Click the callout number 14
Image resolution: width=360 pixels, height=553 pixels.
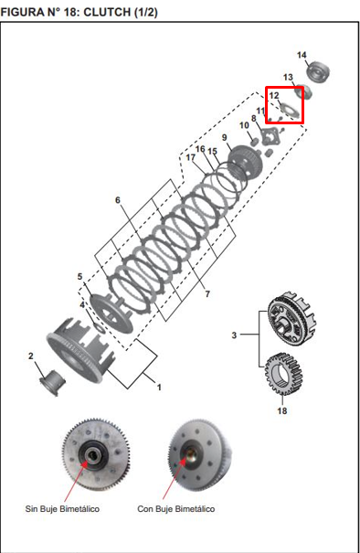click(x=302, y=55)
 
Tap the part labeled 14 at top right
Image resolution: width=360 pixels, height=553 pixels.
click(x=318, y=72)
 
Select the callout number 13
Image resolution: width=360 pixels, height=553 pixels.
click(x=288, y=77)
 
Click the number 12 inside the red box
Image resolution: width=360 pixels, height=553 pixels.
click(x=274, y=95)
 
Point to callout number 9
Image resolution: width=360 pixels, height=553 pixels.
click(x=225, y=137)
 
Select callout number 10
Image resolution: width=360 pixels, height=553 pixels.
click(x=244, y=125)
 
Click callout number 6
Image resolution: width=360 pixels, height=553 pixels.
click(x=118, y=200)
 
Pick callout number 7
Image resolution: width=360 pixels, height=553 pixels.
click(x=207, y=293)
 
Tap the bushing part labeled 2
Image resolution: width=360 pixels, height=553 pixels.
click(x=53, y=382)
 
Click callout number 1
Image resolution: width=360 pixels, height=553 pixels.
click(x=159, y=388)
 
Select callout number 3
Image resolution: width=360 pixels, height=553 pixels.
click(x=234, y=335)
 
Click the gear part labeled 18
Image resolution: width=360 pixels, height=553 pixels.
click(x=283, y=374)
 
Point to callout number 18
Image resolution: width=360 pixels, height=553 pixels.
click(x=282, y=411)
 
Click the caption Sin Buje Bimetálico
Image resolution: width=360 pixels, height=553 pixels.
click(x=62, y=509)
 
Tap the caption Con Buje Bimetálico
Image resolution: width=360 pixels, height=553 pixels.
click(x=176, y=509)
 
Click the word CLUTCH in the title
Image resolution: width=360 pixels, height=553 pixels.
click(x=107, y=12)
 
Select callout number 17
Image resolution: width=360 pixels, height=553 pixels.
click(x=191, y=157)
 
